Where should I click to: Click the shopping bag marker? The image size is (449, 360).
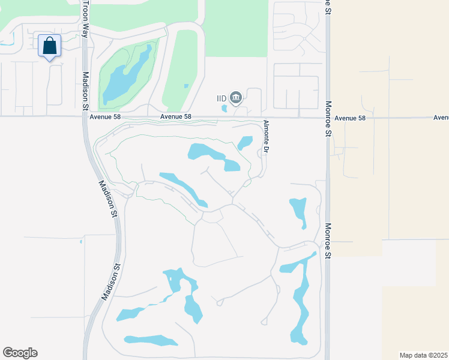pos(49,46)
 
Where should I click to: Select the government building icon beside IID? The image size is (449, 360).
pos(235,97)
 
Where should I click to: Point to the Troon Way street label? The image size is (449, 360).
pos(85,19)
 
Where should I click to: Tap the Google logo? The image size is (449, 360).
pos(20,353)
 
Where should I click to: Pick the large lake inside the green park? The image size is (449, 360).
pos(126,76)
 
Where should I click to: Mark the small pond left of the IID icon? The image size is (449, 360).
pos(224,109)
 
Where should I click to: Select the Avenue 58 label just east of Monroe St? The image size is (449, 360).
pos(350,118)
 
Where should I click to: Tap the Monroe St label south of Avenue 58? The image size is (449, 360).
pos(328,239)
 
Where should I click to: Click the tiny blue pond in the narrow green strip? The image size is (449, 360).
pos(186,86)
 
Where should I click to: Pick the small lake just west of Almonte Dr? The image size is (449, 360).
pos(245,143)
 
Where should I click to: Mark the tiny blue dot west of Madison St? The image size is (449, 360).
pos(81,242)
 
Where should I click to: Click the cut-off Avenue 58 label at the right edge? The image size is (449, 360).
pos(441,118)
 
